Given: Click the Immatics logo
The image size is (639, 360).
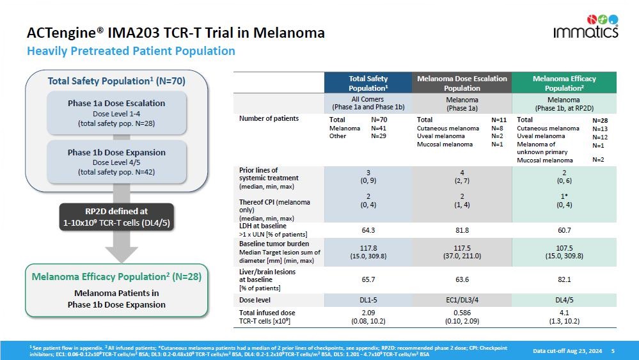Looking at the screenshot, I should [x=585, y=26].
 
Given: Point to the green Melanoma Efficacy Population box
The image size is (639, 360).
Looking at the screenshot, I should [x=116, y=290].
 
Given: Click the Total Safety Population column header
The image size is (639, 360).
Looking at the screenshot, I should [x=368, y=83].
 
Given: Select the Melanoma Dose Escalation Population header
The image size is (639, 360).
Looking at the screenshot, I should [x=462, y=83].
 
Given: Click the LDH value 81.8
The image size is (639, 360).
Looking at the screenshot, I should [x=462, y=229].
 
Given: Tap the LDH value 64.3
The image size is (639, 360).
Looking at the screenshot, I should [x=368, y=229].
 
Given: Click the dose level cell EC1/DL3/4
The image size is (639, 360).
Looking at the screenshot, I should [x=462, y=299].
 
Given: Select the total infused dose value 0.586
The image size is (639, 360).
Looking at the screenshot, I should [x=462, y=313].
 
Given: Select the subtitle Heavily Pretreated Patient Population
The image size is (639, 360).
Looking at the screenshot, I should [x=131, y=51].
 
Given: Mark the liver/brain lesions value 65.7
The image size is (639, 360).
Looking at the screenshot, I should [x=368, y=279].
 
